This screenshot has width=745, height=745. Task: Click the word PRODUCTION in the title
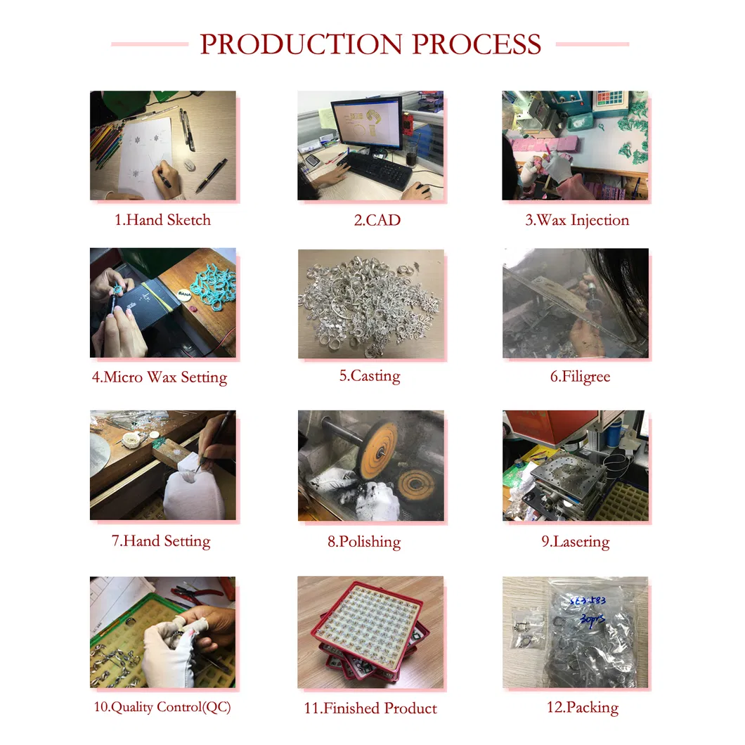tap(301, 44)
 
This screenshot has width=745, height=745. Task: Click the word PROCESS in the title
tap(477, 44)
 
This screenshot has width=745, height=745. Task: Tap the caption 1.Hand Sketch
tap(162, 220)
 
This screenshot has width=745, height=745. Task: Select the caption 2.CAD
tap(377, 220)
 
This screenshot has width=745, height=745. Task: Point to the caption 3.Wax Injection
tap(577, 221)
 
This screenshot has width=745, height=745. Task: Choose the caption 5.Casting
tap(370, 376)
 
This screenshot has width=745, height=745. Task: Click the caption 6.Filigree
tap(580, 377)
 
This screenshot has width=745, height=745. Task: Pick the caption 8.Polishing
tap(364, 542)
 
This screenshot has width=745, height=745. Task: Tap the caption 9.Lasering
tap(576, 542)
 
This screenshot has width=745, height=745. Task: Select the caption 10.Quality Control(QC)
tap(162, 707)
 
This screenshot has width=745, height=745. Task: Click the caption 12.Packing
tap(583, 708)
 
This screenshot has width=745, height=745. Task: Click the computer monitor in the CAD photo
tap(366, 124)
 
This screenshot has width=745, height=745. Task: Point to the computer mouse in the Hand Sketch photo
tap(189, 165)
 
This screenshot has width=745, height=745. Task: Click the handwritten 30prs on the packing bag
tap(592, 619)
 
